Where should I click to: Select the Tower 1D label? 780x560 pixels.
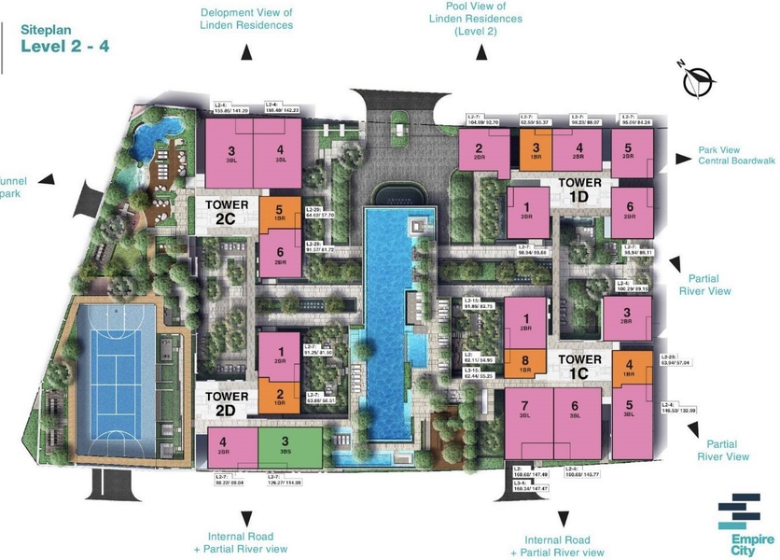580,189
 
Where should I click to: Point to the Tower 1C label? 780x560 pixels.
580,366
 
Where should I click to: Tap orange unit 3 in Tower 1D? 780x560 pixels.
536,147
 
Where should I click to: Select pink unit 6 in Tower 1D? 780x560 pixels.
630,209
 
